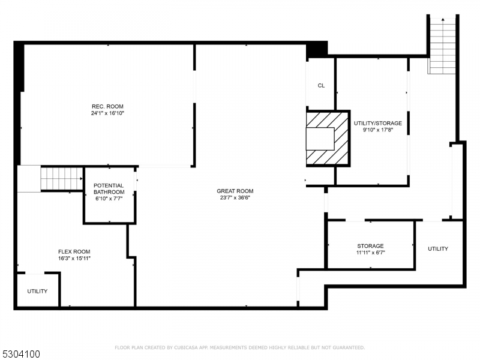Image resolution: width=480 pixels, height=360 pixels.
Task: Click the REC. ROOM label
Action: (x=107, y=106)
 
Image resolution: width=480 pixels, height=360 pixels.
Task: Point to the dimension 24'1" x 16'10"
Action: (x=107, y=113)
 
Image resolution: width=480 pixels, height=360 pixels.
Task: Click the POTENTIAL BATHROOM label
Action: (x=109, y=189)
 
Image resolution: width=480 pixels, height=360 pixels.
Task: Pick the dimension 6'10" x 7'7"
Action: (x=109, y=199)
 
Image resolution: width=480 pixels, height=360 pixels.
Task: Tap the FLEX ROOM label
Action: (x=74, y=251)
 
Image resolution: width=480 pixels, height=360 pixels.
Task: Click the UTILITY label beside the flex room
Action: (x=37, y=291)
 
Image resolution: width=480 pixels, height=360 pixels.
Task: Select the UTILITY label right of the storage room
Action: (x=437, y=248)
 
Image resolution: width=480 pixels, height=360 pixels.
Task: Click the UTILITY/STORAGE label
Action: (x=378, y=123)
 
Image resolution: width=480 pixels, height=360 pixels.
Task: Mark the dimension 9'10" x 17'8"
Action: (x=378, y=130)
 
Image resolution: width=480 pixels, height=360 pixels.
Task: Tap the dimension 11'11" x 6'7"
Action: (x=370, y=253)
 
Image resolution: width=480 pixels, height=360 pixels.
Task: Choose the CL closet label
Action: (x=321, y=86)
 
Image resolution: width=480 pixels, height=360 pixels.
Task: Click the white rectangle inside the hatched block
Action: (x=320, y=139)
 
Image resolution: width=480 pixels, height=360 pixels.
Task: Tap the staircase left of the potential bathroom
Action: (x=60, y=178)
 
